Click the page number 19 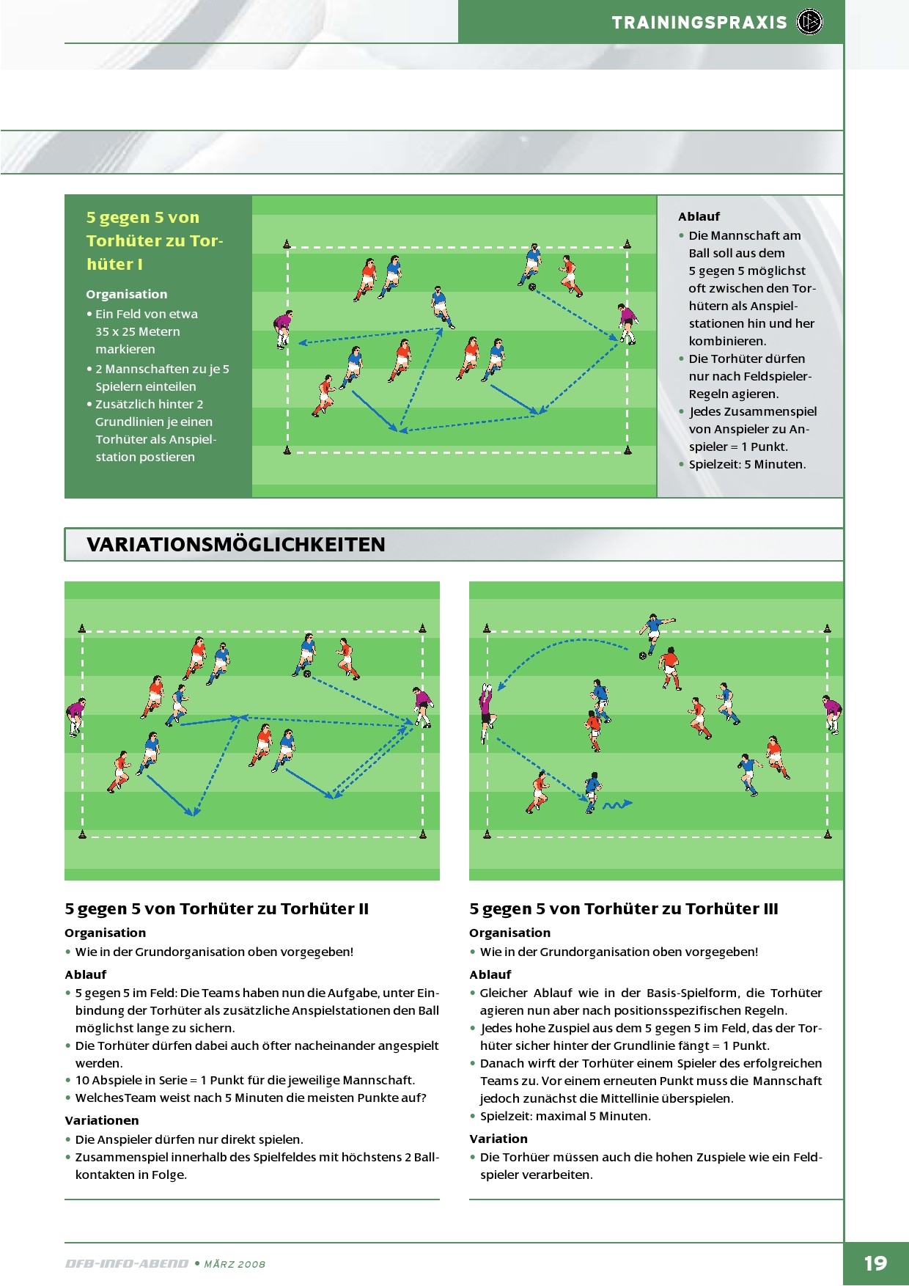tap(875, 1263)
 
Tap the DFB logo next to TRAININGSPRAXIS tap(809, 22)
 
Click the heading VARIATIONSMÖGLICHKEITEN tap(236, 545)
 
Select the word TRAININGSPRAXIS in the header tap(699, 23)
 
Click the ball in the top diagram tap(532, 287)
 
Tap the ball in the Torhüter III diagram tap(643, 655)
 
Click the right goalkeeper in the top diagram tap(628, 323)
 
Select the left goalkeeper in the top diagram tap(283, 329)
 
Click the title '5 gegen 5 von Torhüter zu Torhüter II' tap(216, 908)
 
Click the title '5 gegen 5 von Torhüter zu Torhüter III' tap(624, 908)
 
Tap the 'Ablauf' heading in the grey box tap(699, 216)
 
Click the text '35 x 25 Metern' tap(138, 331)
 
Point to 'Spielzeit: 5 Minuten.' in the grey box tap(747, 464)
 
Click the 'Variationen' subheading tap(101, 1120)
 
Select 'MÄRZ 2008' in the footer tap(235, 1264)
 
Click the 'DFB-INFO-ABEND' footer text tap(127, 1263)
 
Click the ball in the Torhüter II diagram tap(307, 673)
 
